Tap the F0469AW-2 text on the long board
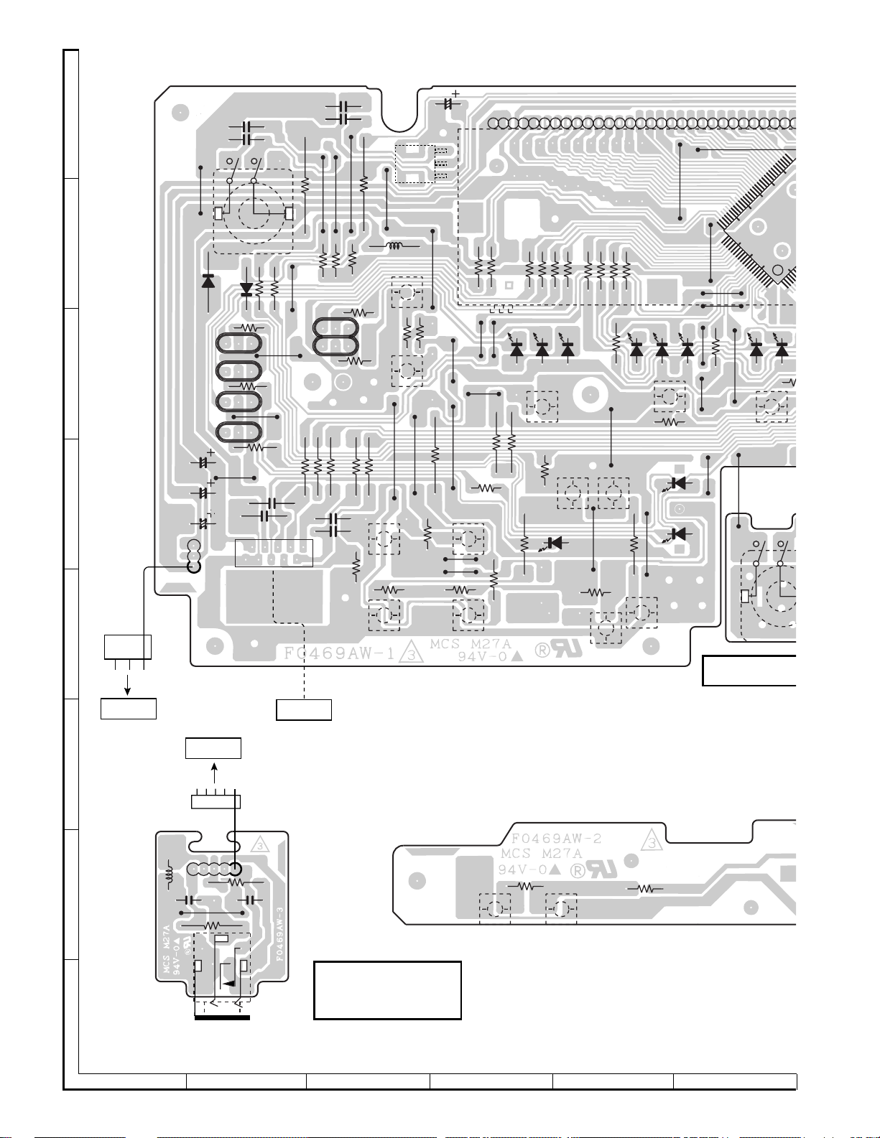click(x=556, y=838)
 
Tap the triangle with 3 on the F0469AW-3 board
click(x=258, y=846)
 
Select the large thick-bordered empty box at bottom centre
click(x=387, y=990)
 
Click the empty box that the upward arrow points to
click(x=213, y=747)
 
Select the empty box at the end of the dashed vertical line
click(x=304, y=709)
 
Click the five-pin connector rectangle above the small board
click(x=216, y=801)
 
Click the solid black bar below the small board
click(x=222, y=1017)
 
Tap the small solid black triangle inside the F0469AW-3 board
click(x=229, y=983)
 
